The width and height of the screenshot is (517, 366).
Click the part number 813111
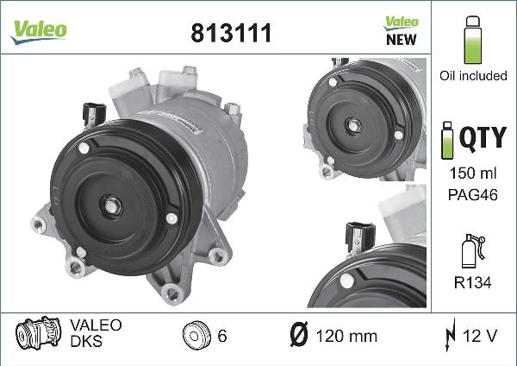pyautogui.click(x=230, y=33)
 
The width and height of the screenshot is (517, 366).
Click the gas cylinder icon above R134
pyautogui.click(x=472, y=250)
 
